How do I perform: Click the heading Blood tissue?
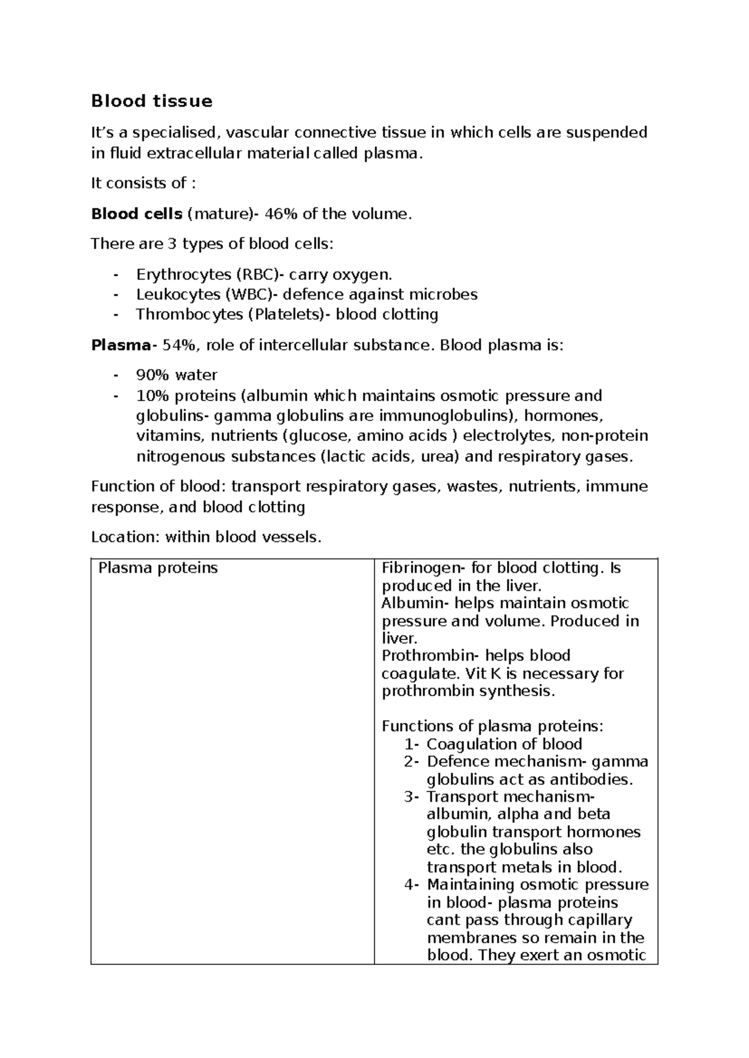[152, 101]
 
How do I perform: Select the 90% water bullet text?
[177, 375]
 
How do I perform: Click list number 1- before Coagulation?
[413, 744]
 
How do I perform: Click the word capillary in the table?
[601, 920]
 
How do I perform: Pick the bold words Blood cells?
[137, 214]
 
